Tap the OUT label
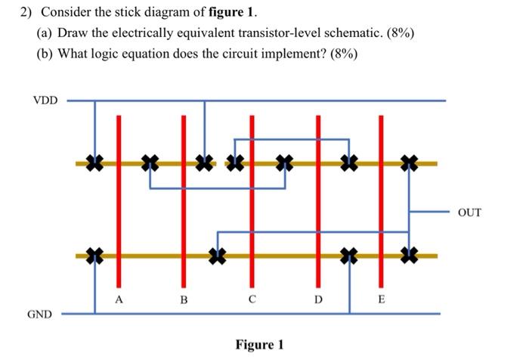point(469,213)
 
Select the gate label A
point(119,299)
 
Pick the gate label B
point(183,300)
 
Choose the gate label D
point(318,300)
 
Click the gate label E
point(381,300)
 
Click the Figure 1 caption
point(259,345)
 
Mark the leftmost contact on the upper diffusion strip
point(94,162)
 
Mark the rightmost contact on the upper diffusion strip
point(410,162)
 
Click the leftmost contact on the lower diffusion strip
point(94,256)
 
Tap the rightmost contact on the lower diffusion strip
point(410,256)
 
